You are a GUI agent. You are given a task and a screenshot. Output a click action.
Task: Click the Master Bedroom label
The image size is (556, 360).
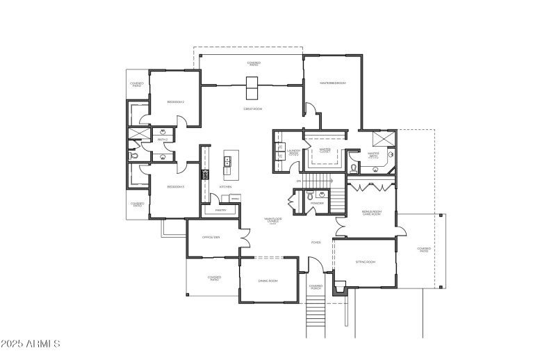pyautogui.click(x=332, y=83)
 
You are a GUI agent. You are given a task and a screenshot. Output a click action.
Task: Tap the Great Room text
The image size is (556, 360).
pyautogui.click(x=252, y=108)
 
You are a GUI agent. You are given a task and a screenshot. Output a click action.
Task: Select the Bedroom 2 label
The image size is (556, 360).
pyautogui.click(x=175, y=102)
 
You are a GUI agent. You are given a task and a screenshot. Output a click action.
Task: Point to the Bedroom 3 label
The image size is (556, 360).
pyautogui.click(x=175, y=186)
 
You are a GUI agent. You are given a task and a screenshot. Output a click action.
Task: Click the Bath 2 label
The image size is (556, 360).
pyautogui.click(x=163, y=140)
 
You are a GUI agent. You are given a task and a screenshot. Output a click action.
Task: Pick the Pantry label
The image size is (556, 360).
pyautogui.click(x=220, y=209)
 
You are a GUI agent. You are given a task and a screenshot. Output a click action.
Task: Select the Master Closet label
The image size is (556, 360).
pyautogui.click(x=325, y=150)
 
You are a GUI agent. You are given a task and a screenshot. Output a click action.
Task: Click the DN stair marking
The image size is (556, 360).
pyautogui.click(x=298, y=181)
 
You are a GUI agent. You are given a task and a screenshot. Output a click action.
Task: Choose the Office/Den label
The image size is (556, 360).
pyautogui.click(x=211, y=237)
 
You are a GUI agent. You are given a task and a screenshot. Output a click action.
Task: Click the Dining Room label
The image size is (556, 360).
pyautogui.click(x=268, y=280)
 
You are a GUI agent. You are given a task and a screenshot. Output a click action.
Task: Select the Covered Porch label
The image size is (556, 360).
pyautogui.click(x=316, y=286)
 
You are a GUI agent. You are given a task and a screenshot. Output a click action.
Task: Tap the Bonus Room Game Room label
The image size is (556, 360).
pyautogui.click(x=372, y=213)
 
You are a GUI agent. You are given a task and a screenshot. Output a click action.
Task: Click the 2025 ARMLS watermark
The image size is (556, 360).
pyautogui.click(x=31, y=344)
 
